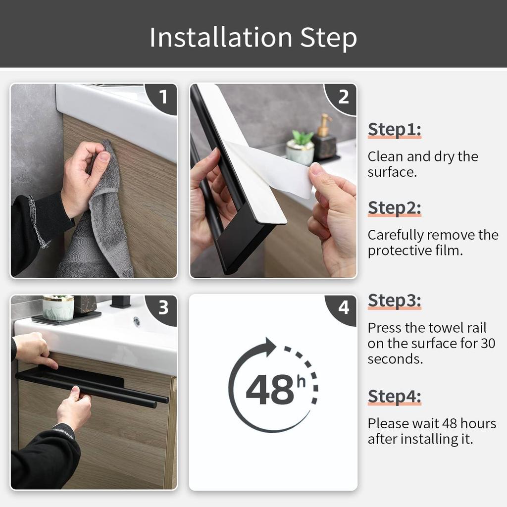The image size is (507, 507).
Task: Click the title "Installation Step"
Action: (x=253, y=38)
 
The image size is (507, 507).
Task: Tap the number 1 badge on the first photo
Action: (x=164, y=96)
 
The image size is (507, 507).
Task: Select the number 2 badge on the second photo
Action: (x=343, y=97)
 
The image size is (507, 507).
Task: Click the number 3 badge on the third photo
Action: (x=163, y=308)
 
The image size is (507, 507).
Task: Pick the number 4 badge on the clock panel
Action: (x=343, y=308)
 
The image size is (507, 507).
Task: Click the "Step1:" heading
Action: (x=394, y=129)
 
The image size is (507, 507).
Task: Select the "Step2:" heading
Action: (x=394, y=208)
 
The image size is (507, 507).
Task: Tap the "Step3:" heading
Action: (x=394, y=301)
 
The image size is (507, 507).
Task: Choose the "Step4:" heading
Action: (x=394, y=397)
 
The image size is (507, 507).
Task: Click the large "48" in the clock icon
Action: (x=269, y=390)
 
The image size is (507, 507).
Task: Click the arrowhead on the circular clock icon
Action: (x=269, y=346)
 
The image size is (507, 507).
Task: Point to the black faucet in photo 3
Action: (x=120, y=302)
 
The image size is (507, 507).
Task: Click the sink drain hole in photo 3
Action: (x=136, y=321)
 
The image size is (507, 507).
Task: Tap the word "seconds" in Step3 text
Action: (x=395, y=359)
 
